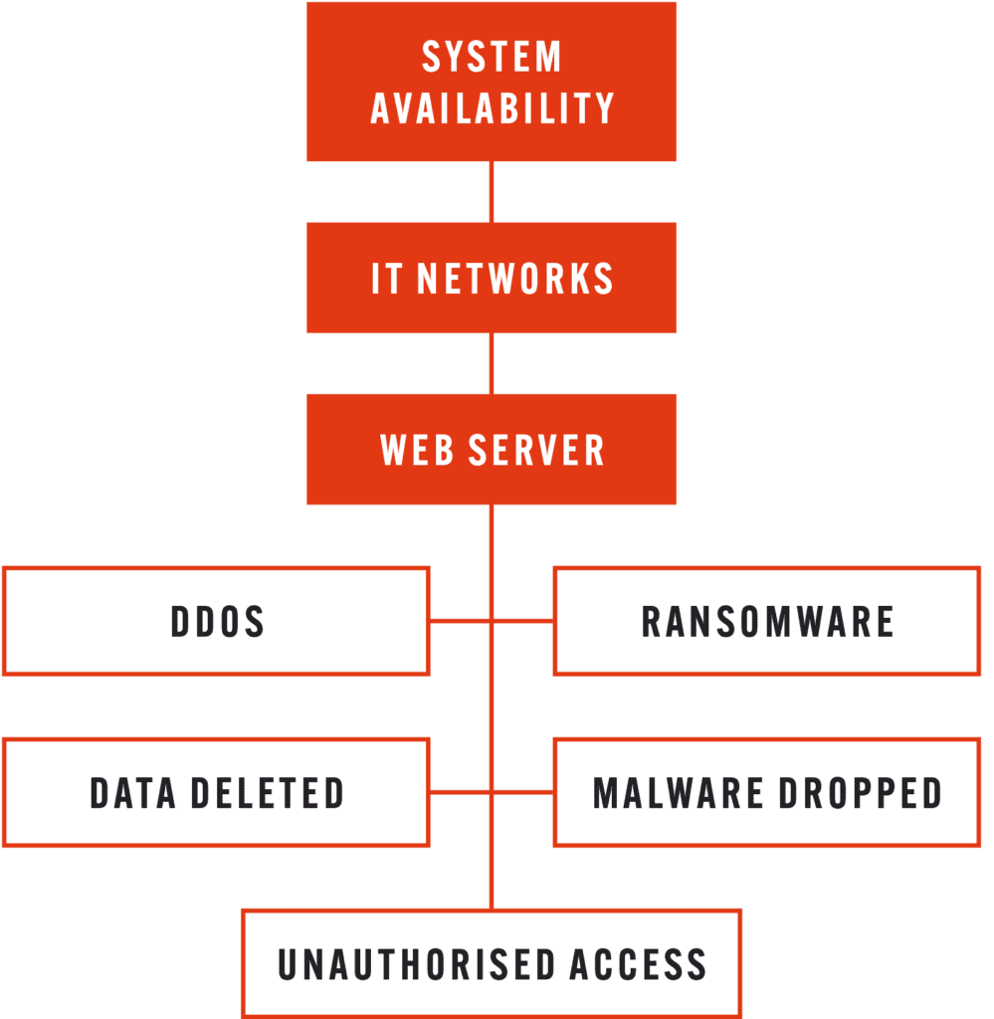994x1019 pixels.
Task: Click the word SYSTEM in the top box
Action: click(x=492, y=57)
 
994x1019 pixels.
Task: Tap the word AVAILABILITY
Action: click(x=492, y=108)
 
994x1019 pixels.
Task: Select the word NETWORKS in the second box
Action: click(x=514, y=280)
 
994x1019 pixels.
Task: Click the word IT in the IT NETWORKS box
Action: click(x=387, y=280)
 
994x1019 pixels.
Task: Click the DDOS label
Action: click(x=217, y=622)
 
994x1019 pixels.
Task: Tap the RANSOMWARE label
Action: click(x=767, y=622)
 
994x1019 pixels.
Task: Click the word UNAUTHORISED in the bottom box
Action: click(x=416, y=963)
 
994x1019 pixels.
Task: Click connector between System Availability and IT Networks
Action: click(x=492, y=192)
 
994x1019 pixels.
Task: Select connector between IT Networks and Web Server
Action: click(x=492, y=363)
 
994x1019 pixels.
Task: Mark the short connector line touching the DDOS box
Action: click(x=459, y=622)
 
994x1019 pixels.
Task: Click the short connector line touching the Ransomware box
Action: click(x=524, y=622)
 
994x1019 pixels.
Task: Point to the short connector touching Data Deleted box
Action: click(x=459, y=793)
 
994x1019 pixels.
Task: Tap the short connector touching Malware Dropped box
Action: click(x=524, y=793)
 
